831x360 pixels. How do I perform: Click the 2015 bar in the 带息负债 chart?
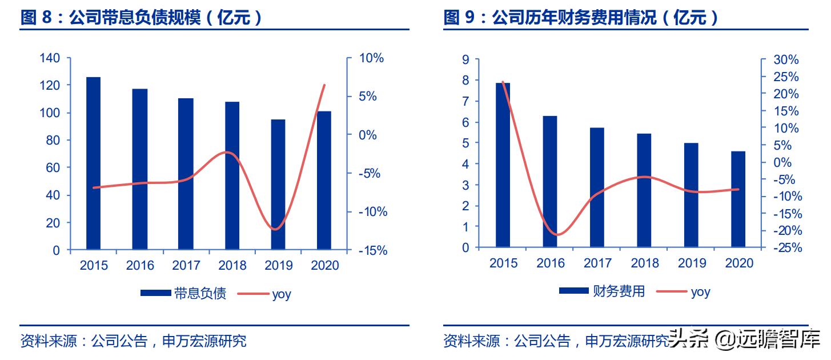click(93, 163)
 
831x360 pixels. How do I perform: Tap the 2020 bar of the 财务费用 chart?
click(738, 199)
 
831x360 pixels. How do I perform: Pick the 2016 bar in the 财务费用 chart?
click(549, 182)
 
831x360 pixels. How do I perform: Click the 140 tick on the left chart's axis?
click(50, 58)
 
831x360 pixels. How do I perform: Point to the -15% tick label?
click(372, 250)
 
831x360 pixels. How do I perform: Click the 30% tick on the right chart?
click(787, 60)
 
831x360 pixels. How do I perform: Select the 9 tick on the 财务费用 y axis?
click(465, 59)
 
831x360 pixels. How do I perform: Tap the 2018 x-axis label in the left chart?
click(232, 266)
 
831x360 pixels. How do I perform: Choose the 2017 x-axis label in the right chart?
click(597, 263)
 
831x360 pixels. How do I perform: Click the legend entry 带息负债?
click(184, 294)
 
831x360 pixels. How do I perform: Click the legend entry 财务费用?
click(603, 291)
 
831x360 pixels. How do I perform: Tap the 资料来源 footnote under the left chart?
click(133, 342)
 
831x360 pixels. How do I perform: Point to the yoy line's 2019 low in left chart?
click(276, 230)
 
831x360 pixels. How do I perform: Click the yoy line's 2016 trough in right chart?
click(557, 235)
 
